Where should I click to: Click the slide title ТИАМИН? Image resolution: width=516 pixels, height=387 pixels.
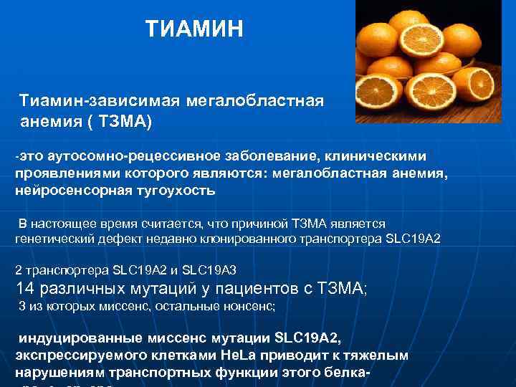pos(194,29)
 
